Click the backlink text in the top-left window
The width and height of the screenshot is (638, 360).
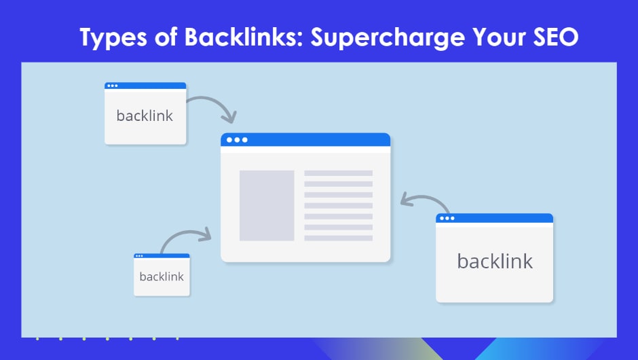(x=145, y=115)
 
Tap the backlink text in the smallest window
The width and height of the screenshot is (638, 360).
(x=162, y=277)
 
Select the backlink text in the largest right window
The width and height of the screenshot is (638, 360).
(x=495, y=262)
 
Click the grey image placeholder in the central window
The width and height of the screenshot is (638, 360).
(x=267, y=205)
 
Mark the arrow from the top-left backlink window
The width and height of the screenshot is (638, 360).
(x=212, y=106)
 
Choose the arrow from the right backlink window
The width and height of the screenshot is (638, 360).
(x=426, y=200)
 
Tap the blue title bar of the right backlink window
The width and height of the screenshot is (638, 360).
(x=502, y=218)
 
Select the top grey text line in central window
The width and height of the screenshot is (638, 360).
(x=338, y=173)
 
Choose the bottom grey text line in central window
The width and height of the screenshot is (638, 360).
(x=338, y=238)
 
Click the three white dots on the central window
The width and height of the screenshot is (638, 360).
(x=237, y=140)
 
